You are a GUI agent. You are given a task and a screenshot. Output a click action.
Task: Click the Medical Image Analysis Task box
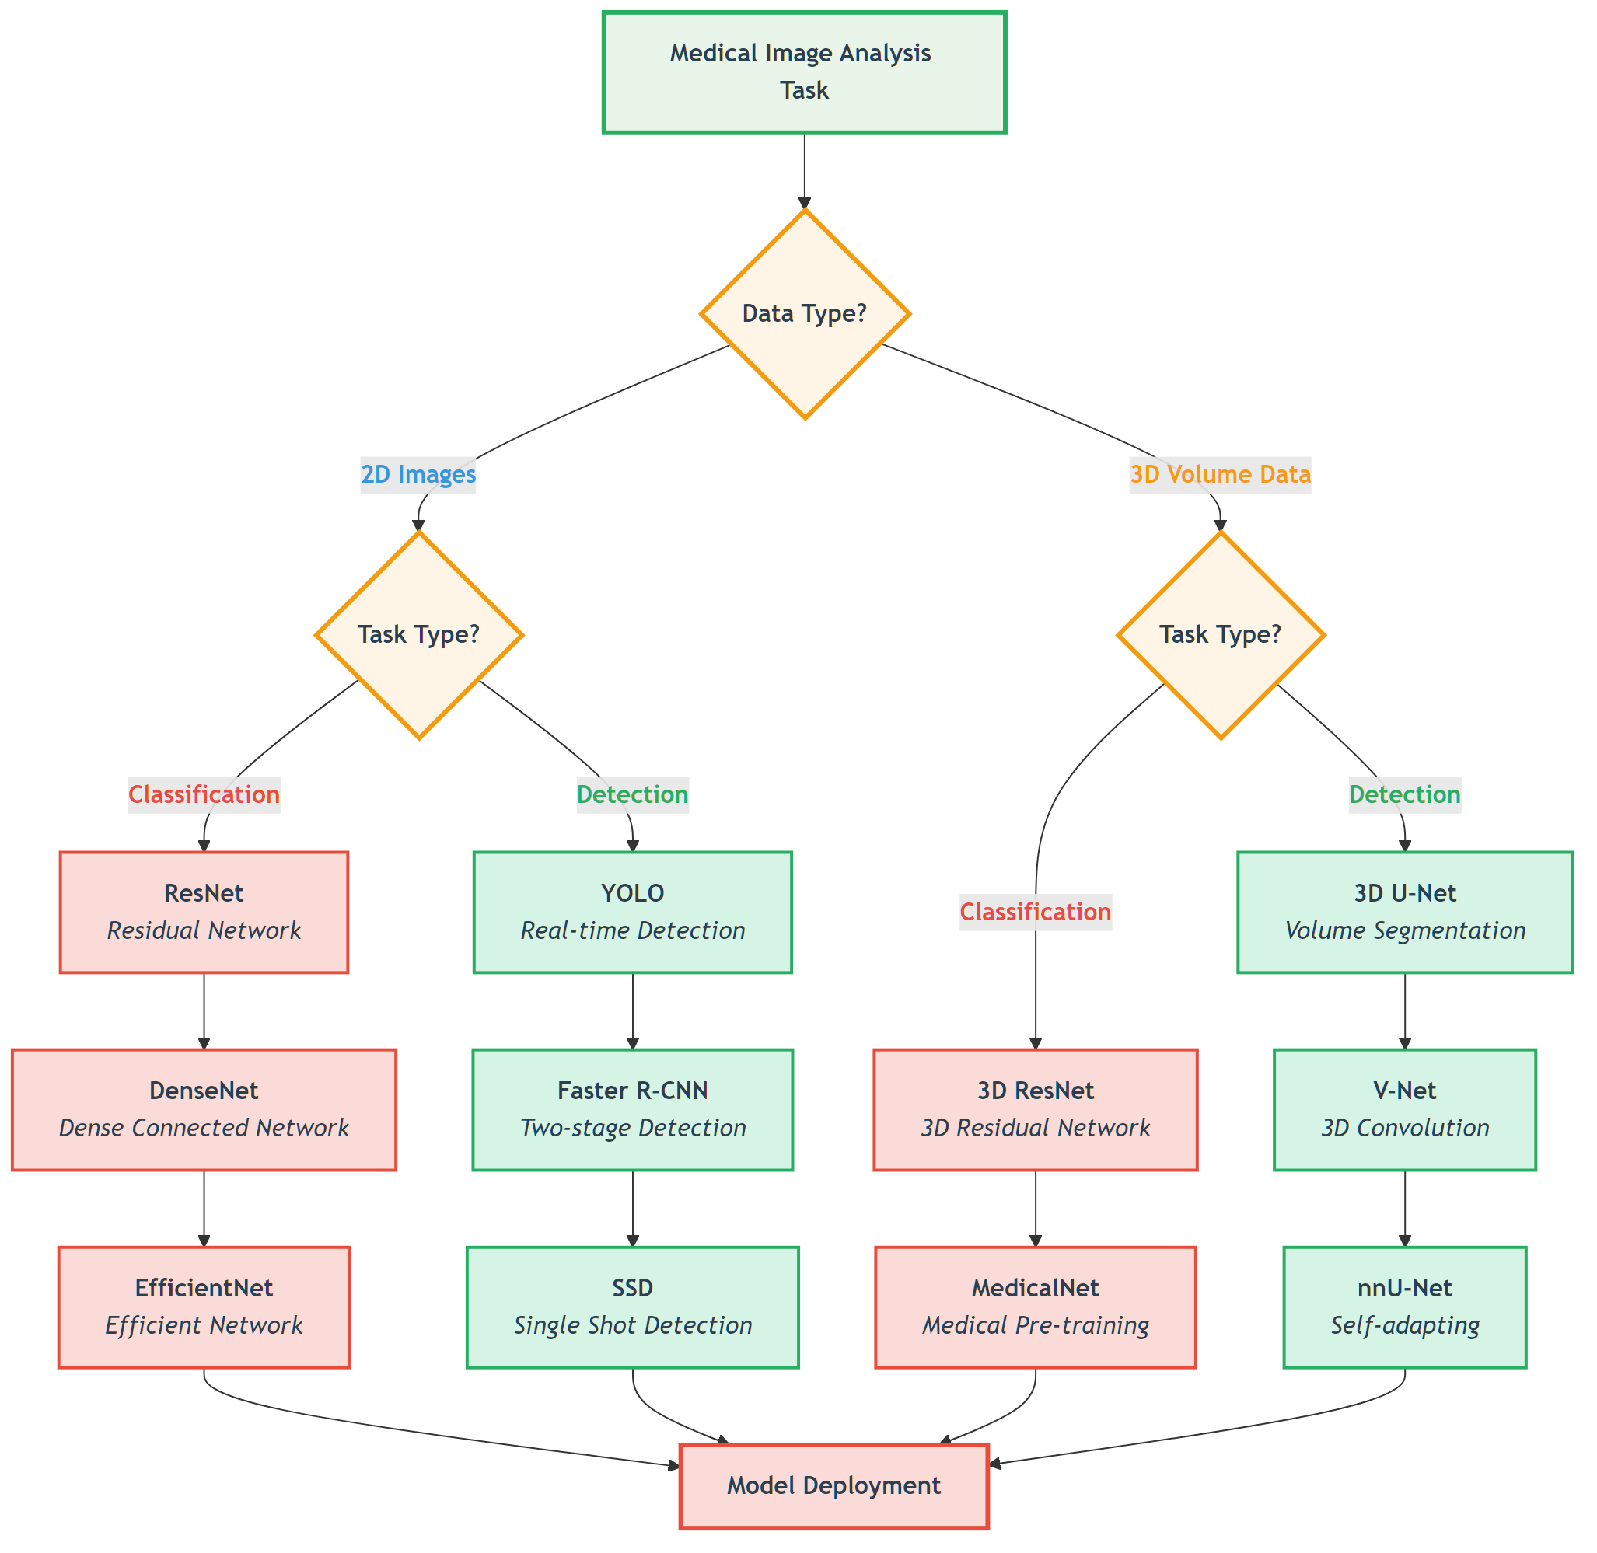click(x=804, y=72)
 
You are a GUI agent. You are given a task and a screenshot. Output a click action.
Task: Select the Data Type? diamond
click(x=805, y=314)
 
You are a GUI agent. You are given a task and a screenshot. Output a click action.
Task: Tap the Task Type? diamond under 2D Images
click(x=418, y=634)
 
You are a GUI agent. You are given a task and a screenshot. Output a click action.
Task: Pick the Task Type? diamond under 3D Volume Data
click(x=1220, y=634)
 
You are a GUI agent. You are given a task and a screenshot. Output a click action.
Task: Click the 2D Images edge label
click(x=418, y=474)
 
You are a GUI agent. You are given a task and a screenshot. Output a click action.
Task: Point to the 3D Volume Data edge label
click(x=1220, y=474)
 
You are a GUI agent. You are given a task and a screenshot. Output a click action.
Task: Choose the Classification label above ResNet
click(x=204, y=794)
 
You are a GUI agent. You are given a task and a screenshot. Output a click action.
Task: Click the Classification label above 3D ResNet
click(x=1035, y=912)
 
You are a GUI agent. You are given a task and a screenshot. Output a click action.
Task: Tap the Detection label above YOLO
click(x=632, y=794)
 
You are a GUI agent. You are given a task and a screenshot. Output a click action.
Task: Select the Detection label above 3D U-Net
click(x=1404, y=794)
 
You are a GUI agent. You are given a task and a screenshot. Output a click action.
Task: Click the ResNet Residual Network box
click(x=204, y=912)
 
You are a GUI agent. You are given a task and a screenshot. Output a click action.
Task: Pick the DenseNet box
click(x=204, y=1109)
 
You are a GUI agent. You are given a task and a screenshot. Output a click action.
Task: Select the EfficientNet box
click(x=204, y=1307)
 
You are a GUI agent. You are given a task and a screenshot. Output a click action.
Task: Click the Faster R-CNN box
click(x=632, y=1109)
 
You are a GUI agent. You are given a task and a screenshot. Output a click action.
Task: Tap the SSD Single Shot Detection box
click(x=632, y=1307)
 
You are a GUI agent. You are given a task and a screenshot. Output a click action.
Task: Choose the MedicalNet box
click(x=1035, y=1307)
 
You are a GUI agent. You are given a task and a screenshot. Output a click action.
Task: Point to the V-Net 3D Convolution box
click(x=1404, y=1109)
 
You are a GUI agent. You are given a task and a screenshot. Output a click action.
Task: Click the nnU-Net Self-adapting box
click(x=1404, y=1307)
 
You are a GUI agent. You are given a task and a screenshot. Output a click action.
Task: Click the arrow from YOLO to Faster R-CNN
click(x=632, y=1011)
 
